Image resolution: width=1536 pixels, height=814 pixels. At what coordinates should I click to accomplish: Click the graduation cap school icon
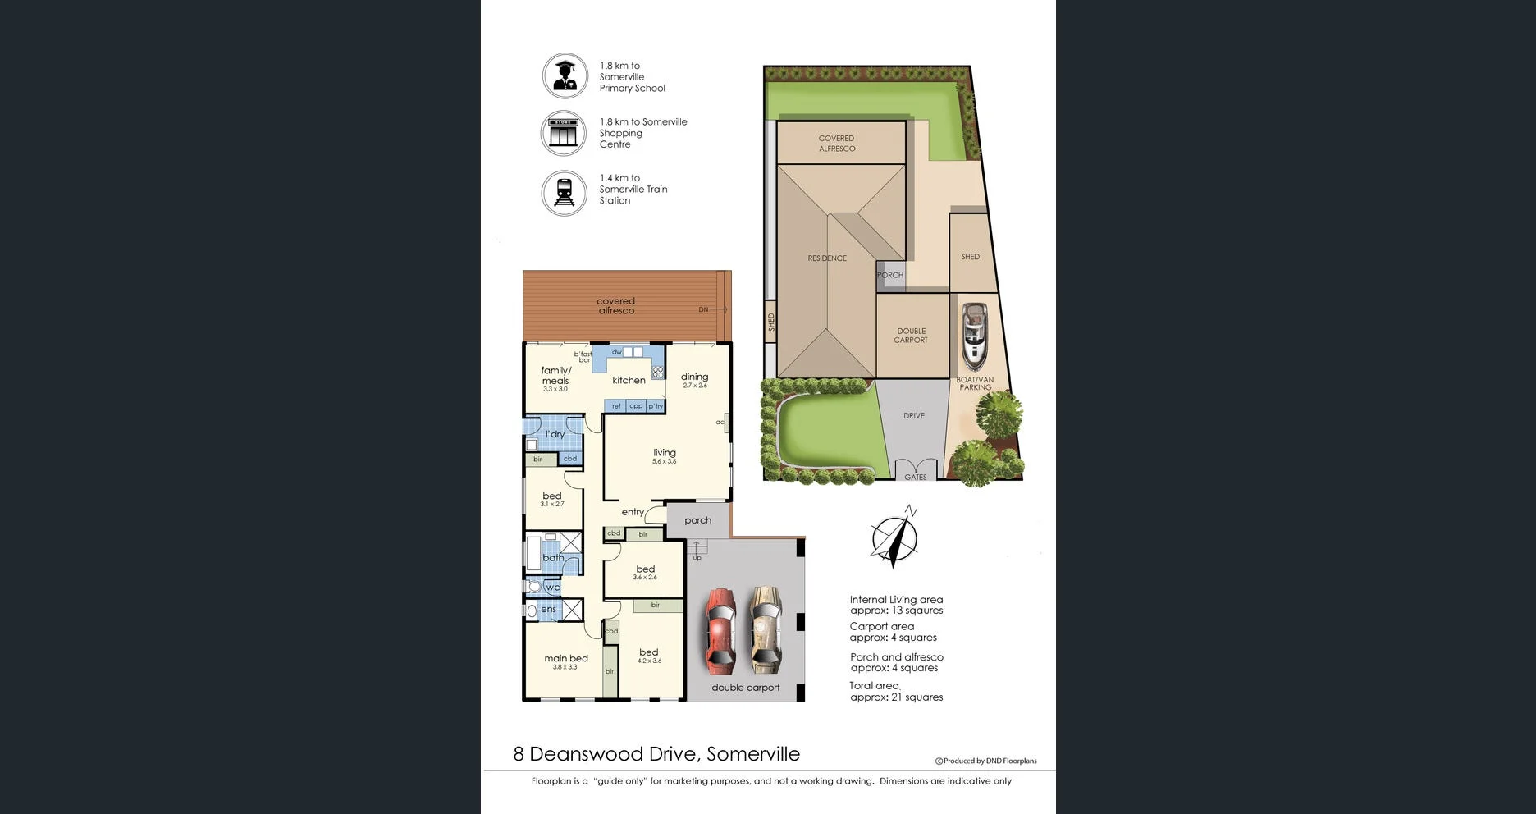pyautogui.click(x=565, y=75)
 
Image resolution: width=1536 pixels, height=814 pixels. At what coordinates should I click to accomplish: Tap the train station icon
pyautogui.click(x=565, y=193)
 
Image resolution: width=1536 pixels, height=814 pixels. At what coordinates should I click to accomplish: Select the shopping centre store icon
pyautogui.click(x=564, y=133)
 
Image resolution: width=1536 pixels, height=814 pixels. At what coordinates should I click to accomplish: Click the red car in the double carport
pyautogui.click(x=721, y=628)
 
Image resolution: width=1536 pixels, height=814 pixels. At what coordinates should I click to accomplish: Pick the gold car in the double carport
pyautogui.click(x=766, y=628)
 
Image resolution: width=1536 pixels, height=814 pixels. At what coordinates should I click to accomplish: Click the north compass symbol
pyautogui.click(x=894, y=538)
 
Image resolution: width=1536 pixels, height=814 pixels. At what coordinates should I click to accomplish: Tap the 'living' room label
pyautogui.click(x=665, y=453)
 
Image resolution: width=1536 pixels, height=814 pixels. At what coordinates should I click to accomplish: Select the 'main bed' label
pyautogui.click(x=566, y=658)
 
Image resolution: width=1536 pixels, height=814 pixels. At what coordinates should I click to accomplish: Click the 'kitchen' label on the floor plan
pyautogui.click(x=629, y=380)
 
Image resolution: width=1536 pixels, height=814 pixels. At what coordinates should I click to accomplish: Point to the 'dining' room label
pyautogui.click(x=694, y=377)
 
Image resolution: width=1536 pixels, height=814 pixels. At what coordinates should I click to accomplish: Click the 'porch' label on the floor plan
pyautogui.click(x=697, y=520)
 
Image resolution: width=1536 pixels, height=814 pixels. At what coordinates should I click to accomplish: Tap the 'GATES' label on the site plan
pyautogui.click(x=915, y=477)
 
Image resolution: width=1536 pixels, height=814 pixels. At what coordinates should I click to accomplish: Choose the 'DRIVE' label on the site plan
pyautogui.click(x=914, y=416)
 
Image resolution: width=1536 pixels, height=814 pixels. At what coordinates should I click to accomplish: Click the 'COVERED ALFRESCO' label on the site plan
pyautogui.click(x=836, y=144)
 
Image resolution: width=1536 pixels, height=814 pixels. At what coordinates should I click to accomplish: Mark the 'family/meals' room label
pyautogui.click(x=555, y=376)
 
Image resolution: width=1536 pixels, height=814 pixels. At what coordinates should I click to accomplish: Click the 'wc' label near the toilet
pyautogui.click(x=553, y=588)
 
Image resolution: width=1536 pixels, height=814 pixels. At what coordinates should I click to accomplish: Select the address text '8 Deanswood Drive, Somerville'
pyautogui.click(x=656, y=754)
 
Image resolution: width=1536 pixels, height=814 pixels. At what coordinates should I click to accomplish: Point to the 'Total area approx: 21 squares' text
pyautogui.click(x=896, y=692)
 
